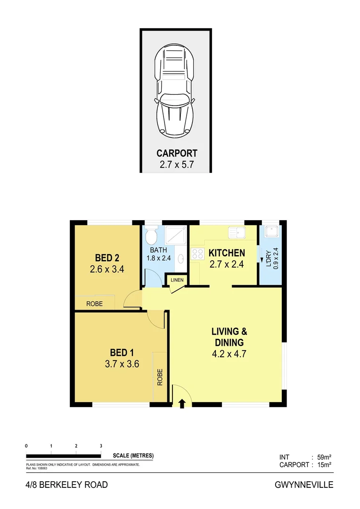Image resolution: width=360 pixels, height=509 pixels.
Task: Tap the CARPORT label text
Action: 177,153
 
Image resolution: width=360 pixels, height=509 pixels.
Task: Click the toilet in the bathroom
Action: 151,235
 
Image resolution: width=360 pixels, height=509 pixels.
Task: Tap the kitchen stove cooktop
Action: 196,254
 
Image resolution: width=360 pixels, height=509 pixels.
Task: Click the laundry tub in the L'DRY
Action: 271,231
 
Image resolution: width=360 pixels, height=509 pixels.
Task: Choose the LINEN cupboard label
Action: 177,280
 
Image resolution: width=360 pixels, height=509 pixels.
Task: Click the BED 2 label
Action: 107,258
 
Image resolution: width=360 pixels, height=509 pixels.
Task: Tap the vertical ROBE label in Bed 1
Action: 160,377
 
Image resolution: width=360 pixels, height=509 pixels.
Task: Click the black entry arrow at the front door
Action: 183,403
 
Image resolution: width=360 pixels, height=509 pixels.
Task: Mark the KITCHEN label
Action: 227,253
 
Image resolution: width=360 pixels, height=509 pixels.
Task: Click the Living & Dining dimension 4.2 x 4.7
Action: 227,354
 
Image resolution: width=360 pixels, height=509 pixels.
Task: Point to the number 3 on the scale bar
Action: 101,446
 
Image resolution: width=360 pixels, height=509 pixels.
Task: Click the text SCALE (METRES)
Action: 133,456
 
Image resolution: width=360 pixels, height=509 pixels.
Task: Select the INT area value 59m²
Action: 324,457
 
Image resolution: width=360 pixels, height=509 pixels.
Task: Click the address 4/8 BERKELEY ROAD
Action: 66,485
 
